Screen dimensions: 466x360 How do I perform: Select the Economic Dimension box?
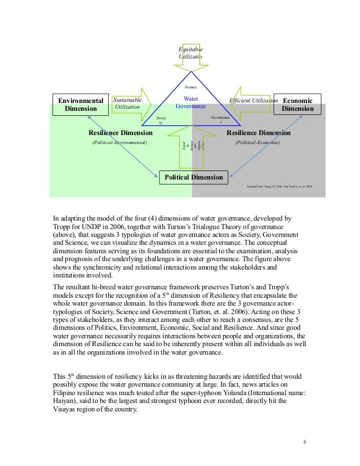point(297,104)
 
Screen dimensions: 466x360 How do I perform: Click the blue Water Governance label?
point(190,102)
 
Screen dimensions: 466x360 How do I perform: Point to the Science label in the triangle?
point(192,88)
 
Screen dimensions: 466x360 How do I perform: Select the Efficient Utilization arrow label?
point(253,100)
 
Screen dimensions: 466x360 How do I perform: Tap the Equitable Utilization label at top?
point(190,53)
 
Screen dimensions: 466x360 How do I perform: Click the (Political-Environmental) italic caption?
point(119,143)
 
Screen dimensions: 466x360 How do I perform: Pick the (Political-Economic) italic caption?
point(257,143)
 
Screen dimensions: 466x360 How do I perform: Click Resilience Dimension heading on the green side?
point(121,133)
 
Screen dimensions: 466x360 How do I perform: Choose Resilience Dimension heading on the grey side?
point(258,133)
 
